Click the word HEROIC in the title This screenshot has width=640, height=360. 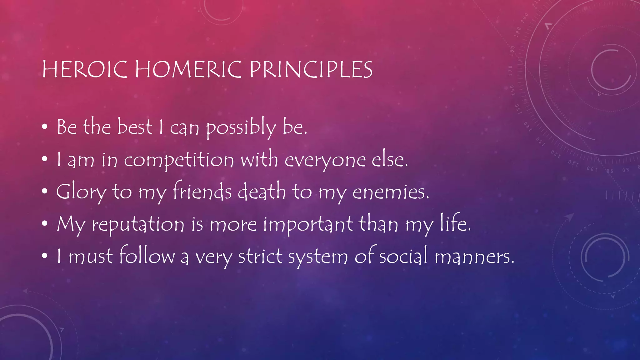coord(84,69)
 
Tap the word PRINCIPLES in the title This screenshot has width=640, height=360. coord(311,69)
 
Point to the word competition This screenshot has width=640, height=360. coord(179,160)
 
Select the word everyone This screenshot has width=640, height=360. coord(325,160)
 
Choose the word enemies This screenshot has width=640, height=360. coord(391,192)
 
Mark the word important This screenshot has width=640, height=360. coord(308,224)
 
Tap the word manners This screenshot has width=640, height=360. coord(474,257)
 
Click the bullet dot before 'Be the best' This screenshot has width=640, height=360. coord(45,127)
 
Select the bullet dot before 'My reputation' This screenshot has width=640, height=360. coord(45,223)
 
